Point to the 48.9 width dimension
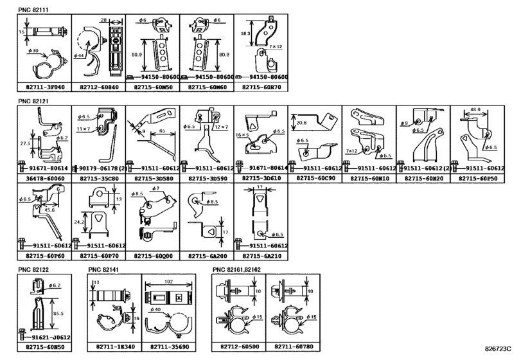[476, 110]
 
